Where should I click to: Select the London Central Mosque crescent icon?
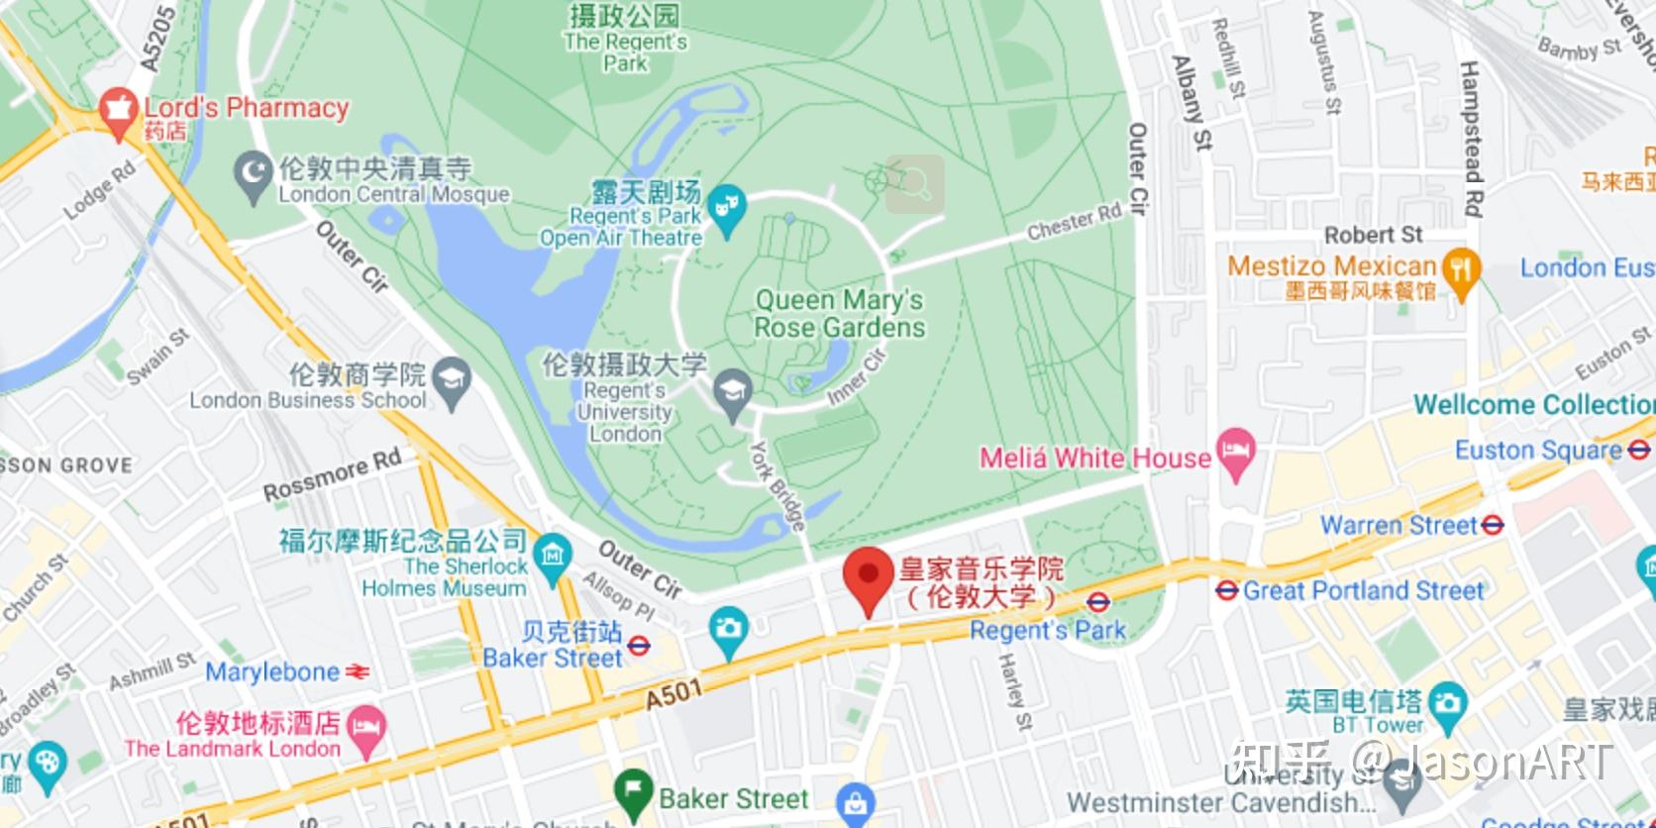(254, 175)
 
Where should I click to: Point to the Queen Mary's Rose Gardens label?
(840, 313)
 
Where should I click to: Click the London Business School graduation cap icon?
(453, 380)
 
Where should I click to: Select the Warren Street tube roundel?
(1493, 525)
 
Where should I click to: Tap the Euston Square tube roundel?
(1638, 451)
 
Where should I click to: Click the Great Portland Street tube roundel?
(1227, 590)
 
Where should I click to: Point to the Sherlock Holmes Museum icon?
(552, 557)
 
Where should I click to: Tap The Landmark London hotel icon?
(366, 731)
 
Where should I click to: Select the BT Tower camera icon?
(1447, 705)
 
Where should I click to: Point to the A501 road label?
(673, 695)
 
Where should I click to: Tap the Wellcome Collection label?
(1533, 404)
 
